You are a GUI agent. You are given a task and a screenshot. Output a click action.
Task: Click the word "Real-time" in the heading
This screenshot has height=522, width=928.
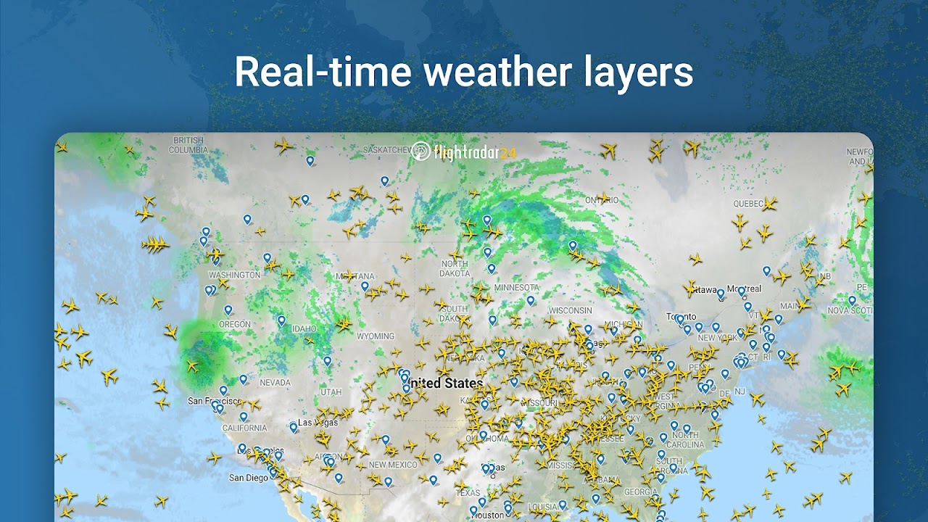coord(322,72)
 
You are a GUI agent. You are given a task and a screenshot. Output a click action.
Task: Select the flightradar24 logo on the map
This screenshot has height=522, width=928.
coord(464,152)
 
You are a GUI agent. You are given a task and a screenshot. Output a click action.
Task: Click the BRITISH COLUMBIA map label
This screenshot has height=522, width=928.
coord(188,145)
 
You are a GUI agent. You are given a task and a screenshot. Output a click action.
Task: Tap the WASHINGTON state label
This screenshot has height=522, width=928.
coord(234,275)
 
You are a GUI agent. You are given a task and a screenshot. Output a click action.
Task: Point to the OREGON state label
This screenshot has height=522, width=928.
coord(235,325)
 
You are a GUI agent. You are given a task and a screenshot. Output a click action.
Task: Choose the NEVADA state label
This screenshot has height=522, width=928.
coord(275,382)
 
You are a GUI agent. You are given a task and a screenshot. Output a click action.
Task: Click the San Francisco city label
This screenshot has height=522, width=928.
coord(215,401)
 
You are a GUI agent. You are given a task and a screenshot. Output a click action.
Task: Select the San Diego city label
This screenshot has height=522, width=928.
coord(249,478)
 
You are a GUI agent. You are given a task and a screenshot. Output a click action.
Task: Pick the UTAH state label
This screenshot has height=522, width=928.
coord(331,392)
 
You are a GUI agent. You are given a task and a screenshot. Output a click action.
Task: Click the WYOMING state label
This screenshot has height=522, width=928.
coord(376,336)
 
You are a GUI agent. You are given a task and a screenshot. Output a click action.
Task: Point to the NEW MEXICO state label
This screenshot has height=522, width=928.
coord(392,465)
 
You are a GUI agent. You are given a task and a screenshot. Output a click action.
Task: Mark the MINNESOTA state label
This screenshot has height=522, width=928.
coord(516,288)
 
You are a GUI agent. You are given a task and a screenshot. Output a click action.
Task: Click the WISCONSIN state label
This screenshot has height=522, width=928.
coord(570,310)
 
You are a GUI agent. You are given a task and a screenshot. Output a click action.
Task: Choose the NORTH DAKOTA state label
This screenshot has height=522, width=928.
coord(454,269)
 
